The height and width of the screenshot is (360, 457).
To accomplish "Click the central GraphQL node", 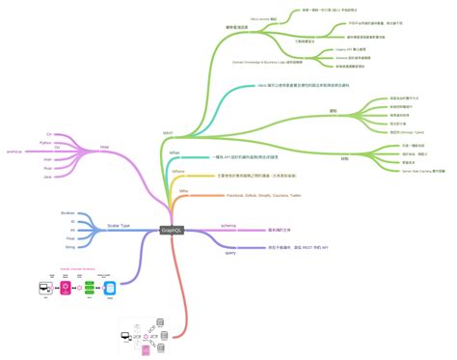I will [173, 230].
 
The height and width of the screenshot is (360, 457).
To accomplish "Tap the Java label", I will [47, 177].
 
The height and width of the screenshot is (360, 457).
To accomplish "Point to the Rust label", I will [47, 168].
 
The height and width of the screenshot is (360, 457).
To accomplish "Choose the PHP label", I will [47, 159].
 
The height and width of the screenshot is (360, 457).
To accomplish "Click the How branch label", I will [104, 148].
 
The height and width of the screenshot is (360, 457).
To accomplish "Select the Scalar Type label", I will [118, 225].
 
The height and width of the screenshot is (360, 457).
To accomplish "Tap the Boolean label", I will [67, 212].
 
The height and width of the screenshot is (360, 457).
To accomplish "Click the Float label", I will [69, 238].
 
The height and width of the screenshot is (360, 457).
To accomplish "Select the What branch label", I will [175, 152].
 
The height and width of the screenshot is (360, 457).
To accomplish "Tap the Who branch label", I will [183, 191].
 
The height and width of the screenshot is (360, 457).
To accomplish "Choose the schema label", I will [228, 226].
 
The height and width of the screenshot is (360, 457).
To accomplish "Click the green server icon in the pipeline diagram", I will [88, 288].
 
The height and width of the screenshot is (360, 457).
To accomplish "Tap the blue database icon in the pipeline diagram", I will [109, 288].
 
